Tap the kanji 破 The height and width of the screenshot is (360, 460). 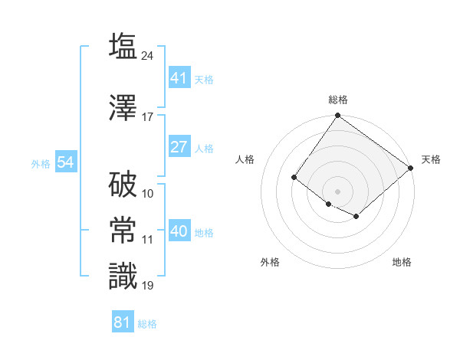point(123,184)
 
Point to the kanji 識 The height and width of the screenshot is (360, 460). point(123,276)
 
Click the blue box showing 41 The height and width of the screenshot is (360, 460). point(179,78)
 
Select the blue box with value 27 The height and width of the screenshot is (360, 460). point(179,148)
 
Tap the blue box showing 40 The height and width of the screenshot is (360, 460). point(179,232)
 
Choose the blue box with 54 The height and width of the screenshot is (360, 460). point(66,162)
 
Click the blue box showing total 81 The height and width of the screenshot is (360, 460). point(123,322)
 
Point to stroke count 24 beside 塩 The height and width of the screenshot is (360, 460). point(148,56)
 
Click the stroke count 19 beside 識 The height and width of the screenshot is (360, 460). point(148,286)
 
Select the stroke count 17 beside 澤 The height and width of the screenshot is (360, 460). point(148,117)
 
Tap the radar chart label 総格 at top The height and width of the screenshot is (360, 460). point(337,100)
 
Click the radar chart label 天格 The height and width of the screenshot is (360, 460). point(431,159)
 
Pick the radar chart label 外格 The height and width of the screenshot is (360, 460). point(270,262)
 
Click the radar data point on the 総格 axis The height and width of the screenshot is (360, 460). point(337,116)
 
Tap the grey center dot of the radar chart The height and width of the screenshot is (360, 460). point(337,191)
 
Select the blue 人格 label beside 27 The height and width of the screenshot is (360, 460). point(204,149)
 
